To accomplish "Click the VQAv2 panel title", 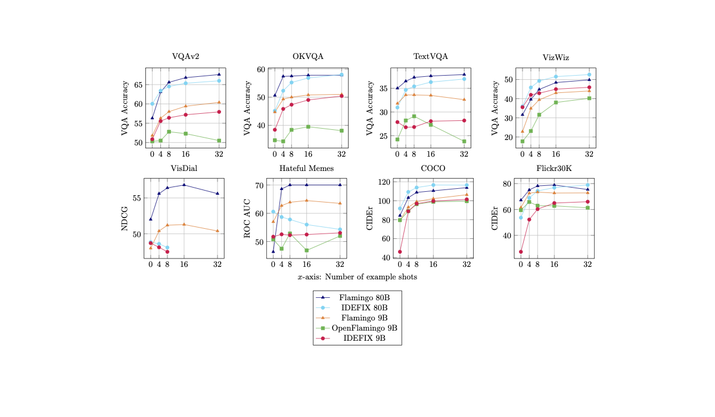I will click(x=185, y=57).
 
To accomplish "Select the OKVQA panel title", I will click(x=308, y=57).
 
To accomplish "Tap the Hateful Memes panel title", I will click(x=306, y=168).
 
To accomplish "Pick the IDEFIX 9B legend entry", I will click(x=364, y=338).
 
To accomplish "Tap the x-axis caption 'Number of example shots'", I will click(x=357, y=277).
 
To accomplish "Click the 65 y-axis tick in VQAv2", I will click(x=139, y=85).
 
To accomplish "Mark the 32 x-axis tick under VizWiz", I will click(x=589, y=154).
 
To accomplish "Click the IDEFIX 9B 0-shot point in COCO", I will click(x=400, y=251).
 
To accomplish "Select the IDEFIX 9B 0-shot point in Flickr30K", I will click(x=521, y=251).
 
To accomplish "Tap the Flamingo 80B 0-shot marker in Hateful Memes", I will click(x=273, y=251).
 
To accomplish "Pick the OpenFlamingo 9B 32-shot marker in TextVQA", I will click(x=464, y=141).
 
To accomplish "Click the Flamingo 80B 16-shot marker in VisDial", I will click(x=184, y=185).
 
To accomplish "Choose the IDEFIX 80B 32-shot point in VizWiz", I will click(x=589, y=75).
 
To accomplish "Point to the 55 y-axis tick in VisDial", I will click(x=139, y=198).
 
